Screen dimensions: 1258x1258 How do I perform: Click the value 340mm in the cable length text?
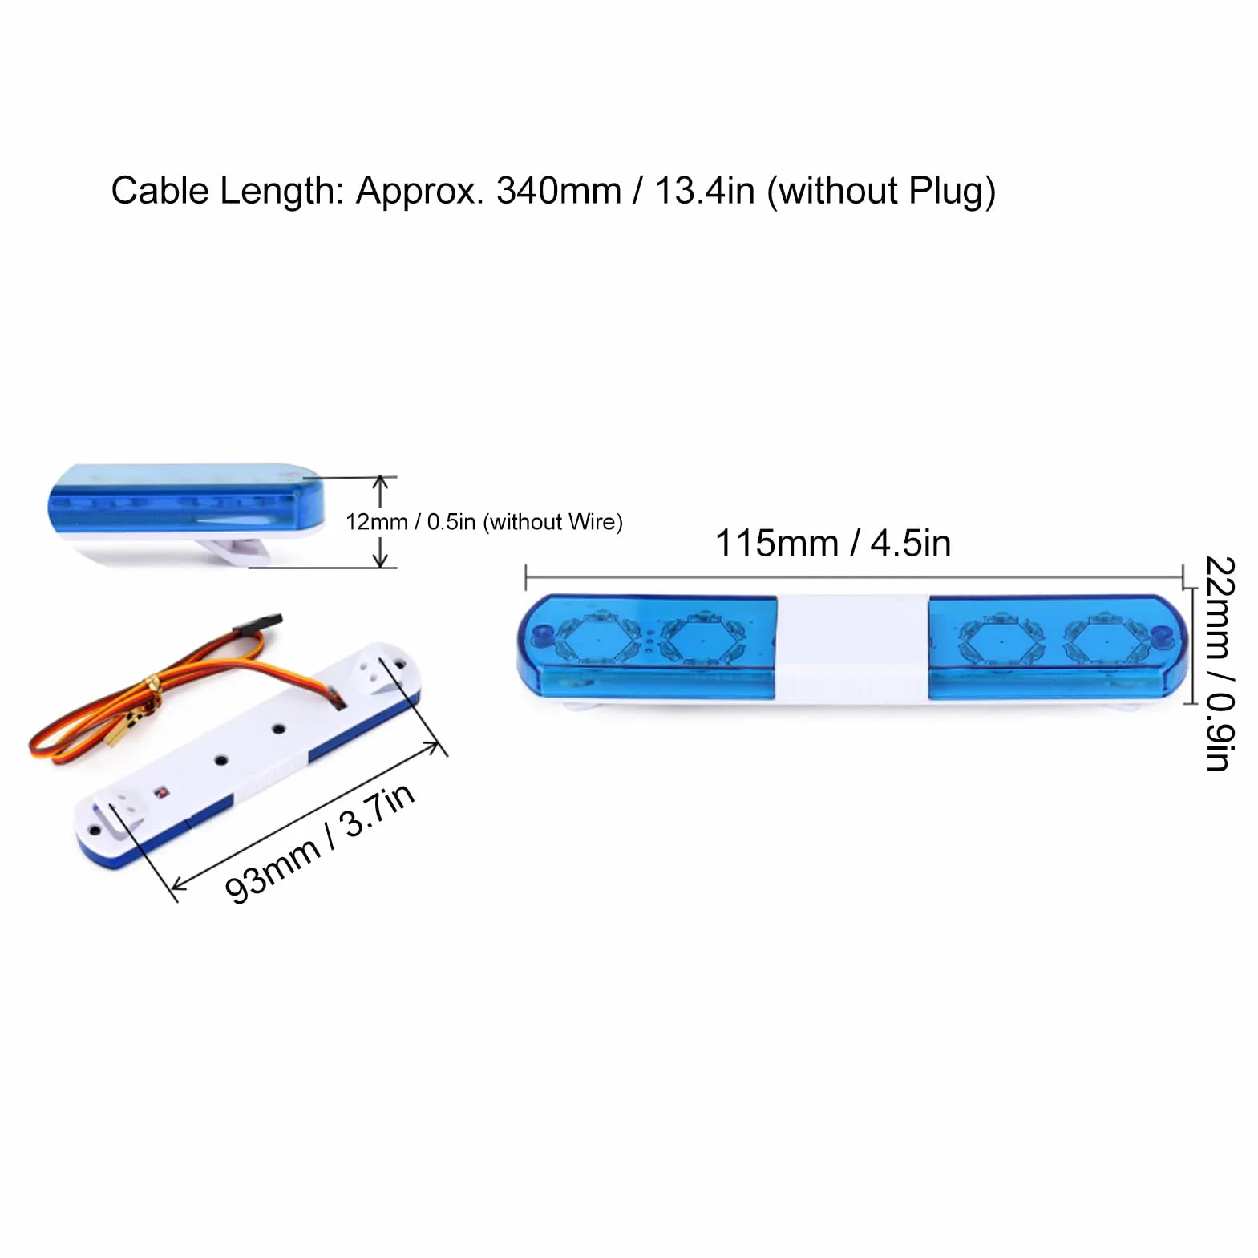click(558, 191)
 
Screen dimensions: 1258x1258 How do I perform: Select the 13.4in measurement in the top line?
click(705, 191)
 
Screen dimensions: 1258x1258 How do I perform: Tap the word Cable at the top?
click(160, 191)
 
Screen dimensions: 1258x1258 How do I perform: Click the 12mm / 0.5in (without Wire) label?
click(484, 522)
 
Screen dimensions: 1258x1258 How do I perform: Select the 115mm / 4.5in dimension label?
click(833, 543)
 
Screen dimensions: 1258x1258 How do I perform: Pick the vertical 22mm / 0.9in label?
click(1220, 663)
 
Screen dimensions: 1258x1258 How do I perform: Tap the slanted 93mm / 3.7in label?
click(319, 843)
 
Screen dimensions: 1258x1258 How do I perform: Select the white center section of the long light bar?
click(851, 648)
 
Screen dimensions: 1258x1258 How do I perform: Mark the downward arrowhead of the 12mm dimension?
click(381, 560)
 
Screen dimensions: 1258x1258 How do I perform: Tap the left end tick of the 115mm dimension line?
click(526, 576)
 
